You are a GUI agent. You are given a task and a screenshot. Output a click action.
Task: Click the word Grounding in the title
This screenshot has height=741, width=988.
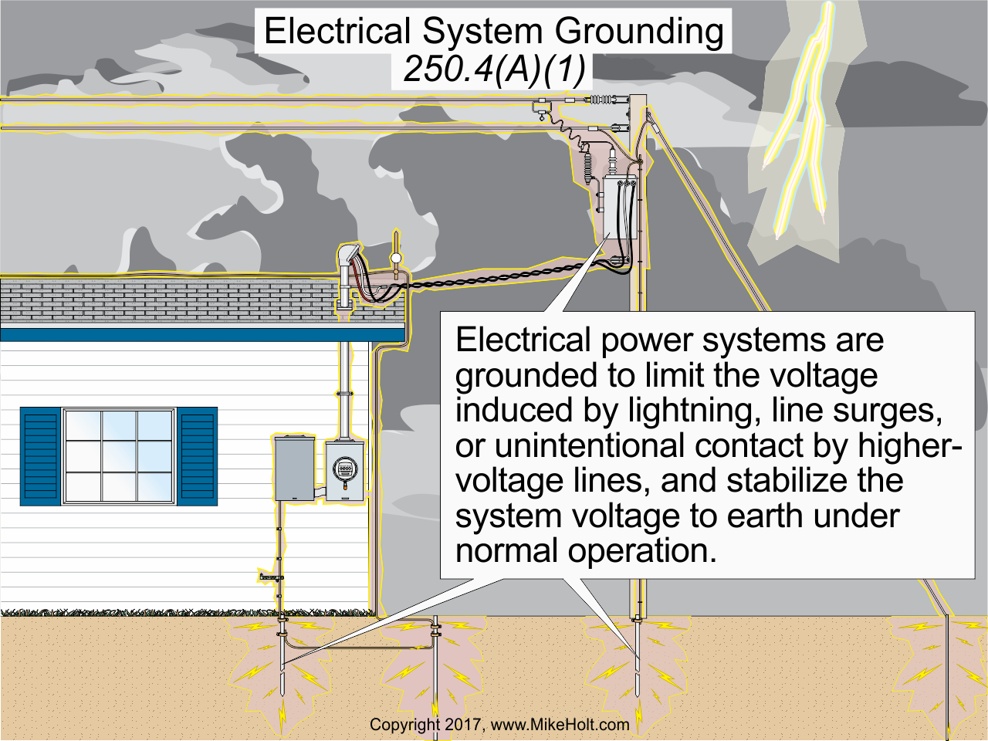click(x=639, y=32)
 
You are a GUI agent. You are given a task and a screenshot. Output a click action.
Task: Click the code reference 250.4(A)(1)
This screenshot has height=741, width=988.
click(x=494, y=69)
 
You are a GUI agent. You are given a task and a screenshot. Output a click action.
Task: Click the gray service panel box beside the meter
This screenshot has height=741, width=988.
click(x=294, y=469)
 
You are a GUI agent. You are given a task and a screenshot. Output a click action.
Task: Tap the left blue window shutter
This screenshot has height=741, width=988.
click(x=40, y=456)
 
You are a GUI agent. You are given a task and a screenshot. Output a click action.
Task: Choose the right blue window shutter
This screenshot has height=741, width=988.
click(x=197, y=456)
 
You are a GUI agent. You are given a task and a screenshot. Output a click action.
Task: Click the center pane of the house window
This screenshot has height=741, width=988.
click(x=119, y=456)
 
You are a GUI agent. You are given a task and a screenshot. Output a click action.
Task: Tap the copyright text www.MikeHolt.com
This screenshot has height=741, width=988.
click(x=560, y=725)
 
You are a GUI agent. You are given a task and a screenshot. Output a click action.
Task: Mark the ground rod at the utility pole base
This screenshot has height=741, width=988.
click(x=638, y=664)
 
